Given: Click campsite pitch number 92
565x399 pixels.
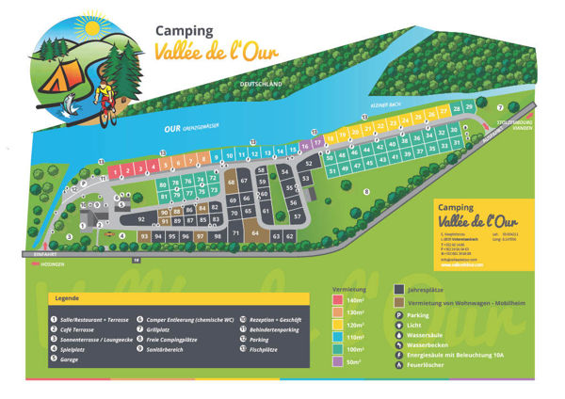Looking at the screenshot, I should coord(141,218).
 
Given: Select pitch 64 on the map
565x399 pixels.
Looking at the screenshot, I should coord(255,231).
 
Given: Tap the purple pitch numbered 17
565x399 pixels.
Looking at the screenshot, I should coord(317,143).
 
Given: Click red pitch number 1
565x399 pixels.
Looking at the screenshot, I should coord(114,172).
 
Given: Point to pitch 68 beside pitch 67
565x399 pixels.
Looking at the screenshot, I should coord(231,181).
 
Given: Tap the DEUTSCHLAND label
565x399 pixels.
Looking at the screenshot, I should coord(260,84).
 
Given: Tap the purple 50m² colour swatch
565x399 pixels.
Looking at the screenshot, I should coord(339,361).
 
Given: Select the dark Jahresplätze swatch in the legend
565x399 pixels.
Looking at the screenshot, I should coord(399,290).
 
